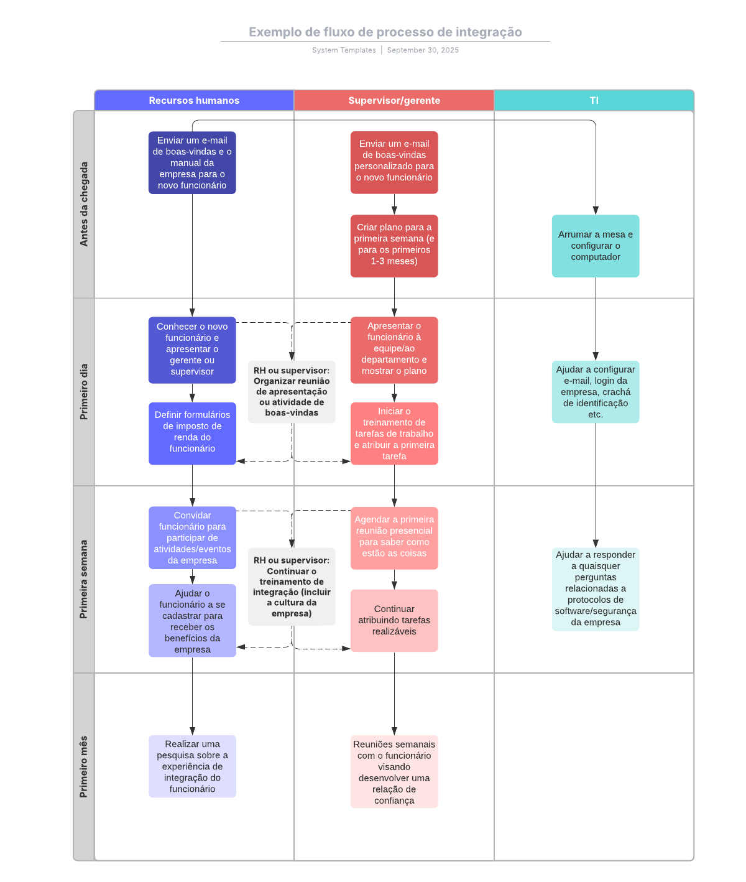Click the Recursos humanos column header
click(194, 100)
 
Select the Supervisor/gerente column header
click(394, 100)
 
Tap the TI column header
click(594, 100)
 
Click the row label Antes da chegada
click(84, 204)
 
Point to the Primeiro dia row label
click(84, 391)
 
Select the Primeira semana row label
click(84, 578)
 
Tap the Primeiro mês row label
click(84, 766)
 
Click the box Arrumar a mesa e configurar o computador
click(595, 246)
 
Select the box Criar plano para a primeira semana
click(394, 246)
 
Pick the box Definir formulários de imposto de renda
click(192, 433)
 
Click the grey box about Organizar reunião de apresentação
click(292, 391)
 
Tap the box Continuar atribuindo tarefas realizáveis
click(394, 620)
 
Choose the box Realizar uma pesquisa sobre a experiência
click(192, 766)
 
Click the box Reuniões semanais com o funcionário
click(394, 771)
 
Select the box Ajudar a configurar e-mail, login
click(595, 392)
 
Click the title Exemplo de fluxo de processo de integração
click(385, 32)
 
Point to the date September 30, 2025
click(423, 50)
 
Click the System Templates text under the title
click(344, 50)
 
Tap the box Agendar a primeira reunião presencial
click(394, 537)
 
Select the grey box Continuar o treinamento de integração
click(292, 586)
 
